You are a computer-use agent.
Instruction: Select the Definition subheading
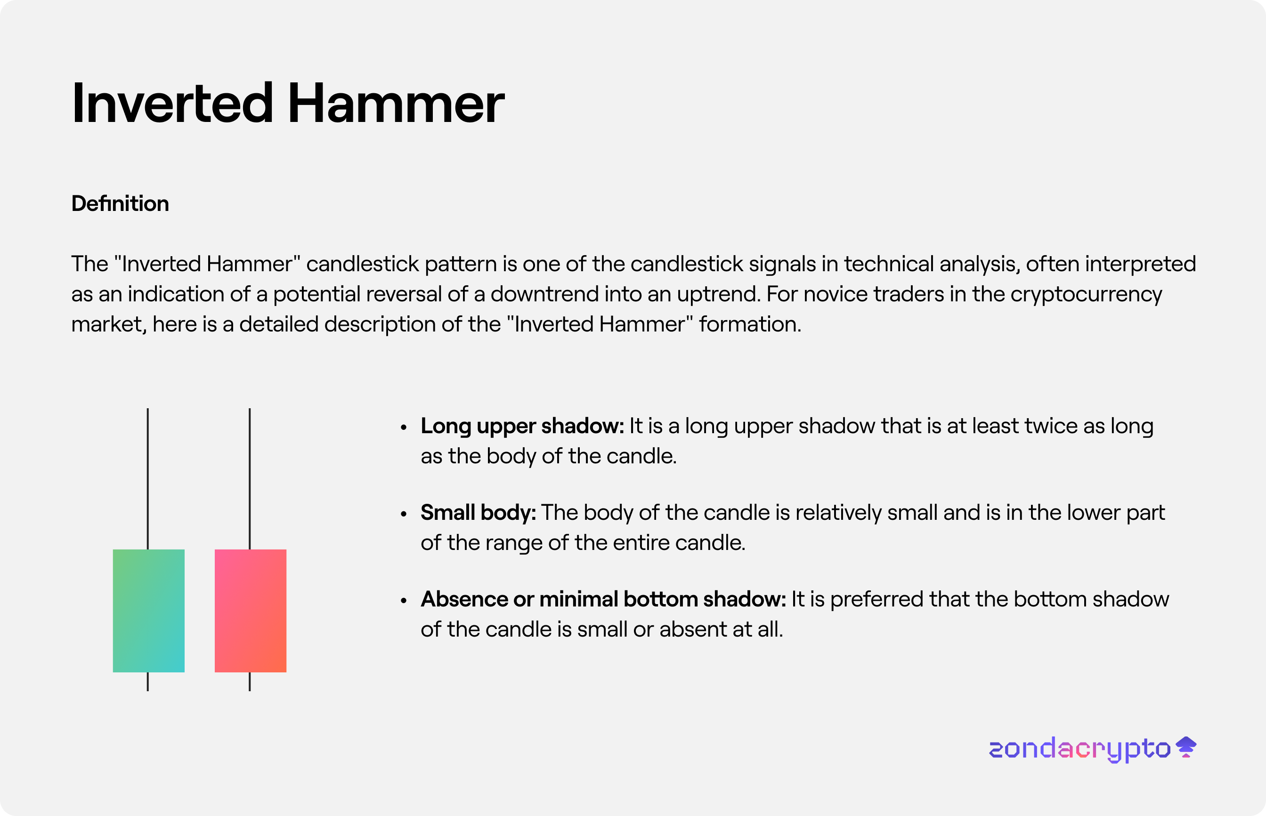pyautogui.click(x=120, y=203)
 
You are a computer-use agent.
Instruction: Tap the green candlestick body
pyautogui.click(x=149, y=610)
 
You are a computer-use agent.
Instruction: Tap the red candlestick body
pyautogui.click(x=251, y=610)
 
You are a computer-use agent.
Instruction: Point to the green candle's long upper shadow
pyautogui.click(x=148, y=479)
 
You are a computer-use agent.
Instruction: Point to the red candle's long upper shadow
pyautogui.click(x=250, y=479)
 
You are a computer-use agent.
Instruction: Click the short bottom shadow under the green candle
pyautogui.click(x=148, y=681)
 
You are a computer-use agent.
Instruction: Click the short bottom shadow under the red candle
pyautogui.click(x=250, y=681)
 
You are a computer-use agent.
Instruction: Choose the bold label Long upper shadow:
pyautogui.click(x=522, y=427)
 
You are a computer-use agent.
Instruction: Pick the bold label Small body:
pyautogui.click(x=479, y=513)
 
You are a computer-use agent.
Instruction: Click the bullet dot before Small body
pyautogui.click(x=404, y=513)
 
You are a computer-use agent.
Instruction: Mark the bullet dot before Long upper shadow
pyautogui.click(x=404, y=427)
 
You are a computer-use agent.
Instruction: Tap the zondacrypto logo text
pyautogui.click(x=1079, y=749)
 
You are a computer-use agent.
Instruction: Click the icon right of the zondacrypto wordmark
pyautogui.click(x=1186, y=747)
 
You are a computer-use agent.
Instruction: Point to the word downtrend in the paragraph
pyautogui.click(x=545, y=294)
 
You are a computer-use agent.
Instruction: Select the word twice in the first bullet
pyautogui.click(x=1051, y=426)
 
